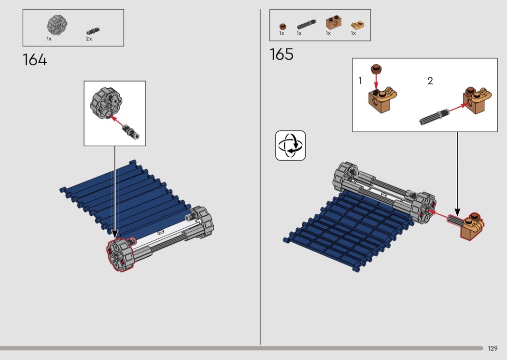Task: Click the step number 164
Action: (x=35, y=60)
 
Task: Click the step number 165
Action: (x=282, y=55)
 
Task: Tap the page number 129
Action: (x=493, y=348)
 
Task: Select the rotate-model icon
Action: (x=290, y=145)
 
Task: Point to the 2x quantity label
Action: (x=89, y=39)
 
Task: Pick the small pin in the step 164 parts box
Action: (x=93, y=31)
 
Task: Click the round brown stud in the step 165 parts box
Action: (x=282, y=26)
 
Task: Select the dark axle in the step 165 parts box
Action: (x=307, y=24)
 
